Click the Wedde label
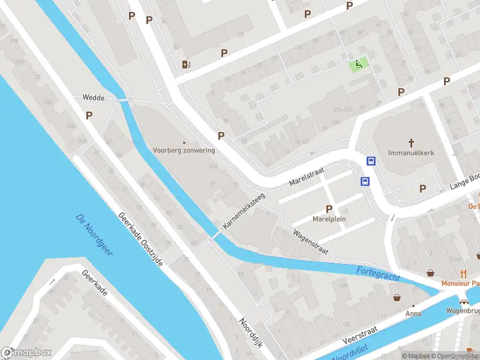click(x=94, y=97)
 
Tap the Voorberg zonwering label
click(x=184, y=150)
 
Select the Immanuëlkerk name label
click(x=411, y=153)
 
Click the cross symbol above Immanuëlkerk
click(x=412, y=143)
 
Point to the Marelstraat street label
click(x=307, y=176)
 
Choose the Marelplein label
click(x=329, y=219)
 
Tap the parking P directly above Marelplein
click(x=329, y=209)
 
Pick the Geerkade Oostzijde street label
click(x=141, y=241)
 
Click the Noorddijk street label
click(x=252, y=330)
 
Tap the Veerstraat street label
click(x=360, y=335)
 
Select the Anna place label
click(x=413, y=313)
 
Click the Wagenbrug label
click(x=463, y=311)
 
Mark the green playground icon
click(x=359, y=65)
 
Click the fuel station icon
click(x=187, y=64)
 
